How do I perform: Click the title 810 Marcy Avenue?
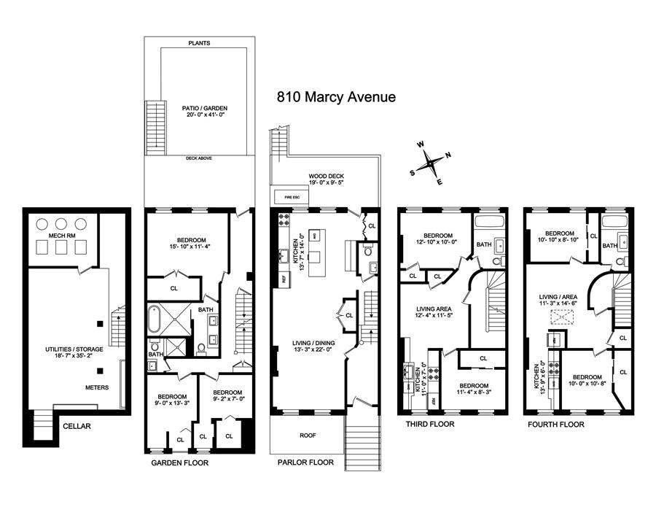(336, 97)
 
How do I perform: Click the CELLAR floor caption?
(77, 425)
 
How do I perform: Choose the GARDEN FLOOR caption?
(179, 463)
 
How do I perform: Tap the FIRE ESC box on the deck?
(281, 197)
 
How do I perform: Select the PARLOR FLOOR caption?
(305, 463)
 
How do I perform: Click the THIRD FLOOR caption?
(429, 424)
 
